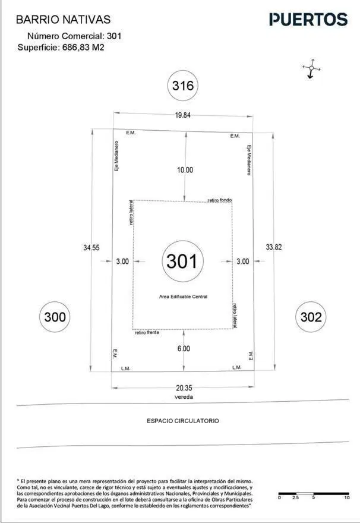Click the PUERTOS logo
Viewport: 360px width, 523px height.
pos(308,20)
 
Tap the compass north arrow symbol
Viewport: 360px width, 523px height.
pos(311,69)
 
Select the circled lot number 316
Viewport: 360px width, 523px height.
pos(182,86)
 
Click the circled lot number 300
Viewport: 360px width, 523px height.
pos(55,317)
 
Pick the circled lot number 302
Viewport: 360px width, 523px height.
pos(311,317)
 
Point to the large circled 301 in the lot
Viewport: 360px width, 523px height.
pos(182,261)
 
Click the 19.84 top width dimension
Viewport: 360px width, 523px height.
pos(182,115)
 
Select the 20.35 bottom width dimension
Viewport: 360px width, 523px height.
pos(184,388)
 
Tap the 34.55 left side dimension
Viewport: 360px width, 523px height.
pos(91,247)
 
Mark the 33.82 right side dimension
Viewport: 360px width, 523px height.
pos(274,247)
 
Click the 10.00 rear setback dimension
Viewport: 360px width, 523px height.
pos(185,170)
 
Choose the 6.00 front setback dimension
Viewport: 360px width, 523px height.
pos(184,348)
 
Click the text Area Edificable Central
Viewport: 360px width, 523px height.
pos(183,297)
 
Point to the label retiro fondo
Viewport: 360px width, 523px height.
pos(220,200)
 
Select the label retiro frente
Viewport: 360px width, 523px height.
pos(147,333)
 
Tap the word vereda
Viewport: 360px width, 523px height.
pos(184,397)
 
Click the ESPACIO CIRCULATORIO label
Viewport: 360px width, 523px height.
pos(183,421)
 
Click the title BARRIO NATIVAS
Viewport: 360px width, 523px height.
pos(64,20)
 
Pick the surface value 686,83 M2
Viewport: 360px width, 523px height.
pos(83,48)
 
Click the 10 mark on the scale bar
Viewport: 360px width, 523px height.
pos(347,497)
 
